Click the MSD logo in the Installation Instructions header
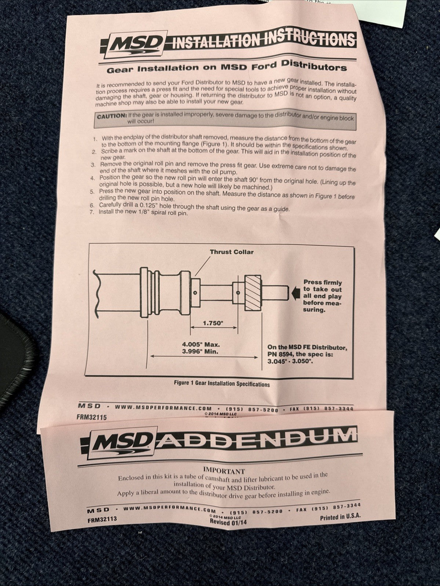(137, 44)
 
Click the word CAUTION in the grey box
(112, 117)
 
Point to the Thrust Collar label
(232, 252)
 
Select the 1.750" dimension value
(213, 323)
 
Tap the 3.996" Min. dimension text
(200, 351)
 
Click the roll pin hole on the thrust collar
(195, 292)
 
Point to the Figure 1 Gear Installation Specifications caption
(222, 384)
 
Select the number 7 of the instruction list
(92, 212)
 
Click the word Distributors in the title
(314, 65)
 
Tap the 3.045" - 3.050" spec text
(290, 361)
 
